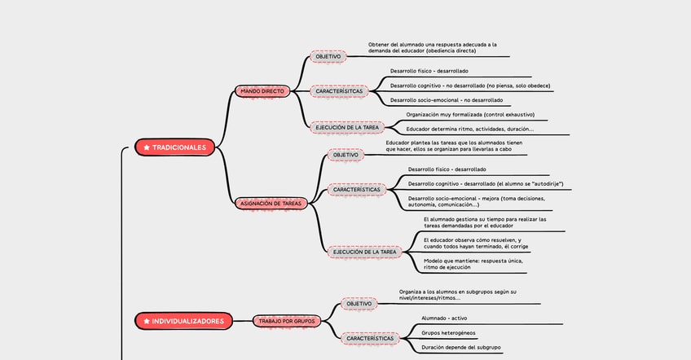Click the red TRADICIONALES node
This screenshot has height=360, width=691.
(175, 147)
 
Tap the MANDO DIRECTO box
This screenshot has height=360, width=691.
(262, 91)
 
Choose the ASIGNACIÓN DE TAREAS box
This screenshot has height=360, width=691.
(272, 203)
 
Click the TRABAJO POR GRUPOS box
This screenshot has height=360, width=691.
(287, 321)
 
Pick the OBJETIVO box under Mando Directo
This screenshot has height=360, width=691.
(328, 57)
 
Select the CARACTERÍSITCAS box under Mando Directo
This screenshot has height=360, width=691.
(339, 91)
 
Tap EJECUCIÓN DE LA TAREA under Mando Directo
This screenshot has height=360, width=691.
(348, 127)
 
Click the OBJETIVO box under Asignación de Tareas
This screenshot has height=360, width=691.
(345, 155)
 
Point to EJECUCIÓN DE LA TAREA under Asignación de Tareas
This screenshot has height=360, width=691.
(364, 252)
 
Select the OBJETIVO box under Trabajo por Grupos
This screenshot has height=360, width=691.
(359, 304)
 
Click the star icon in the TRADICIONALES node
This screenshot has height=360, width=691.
(147, 147)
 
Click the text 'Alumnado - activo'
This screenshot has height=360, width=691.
(444, 318)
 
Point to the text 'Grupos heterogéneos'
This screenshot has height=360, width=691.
(448, 332)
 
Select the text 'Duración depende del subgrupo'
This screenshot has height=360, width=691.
(460, 348)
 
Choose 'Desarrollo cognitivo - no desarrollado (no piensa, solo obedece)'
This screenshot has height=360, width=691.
(470, 86)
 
